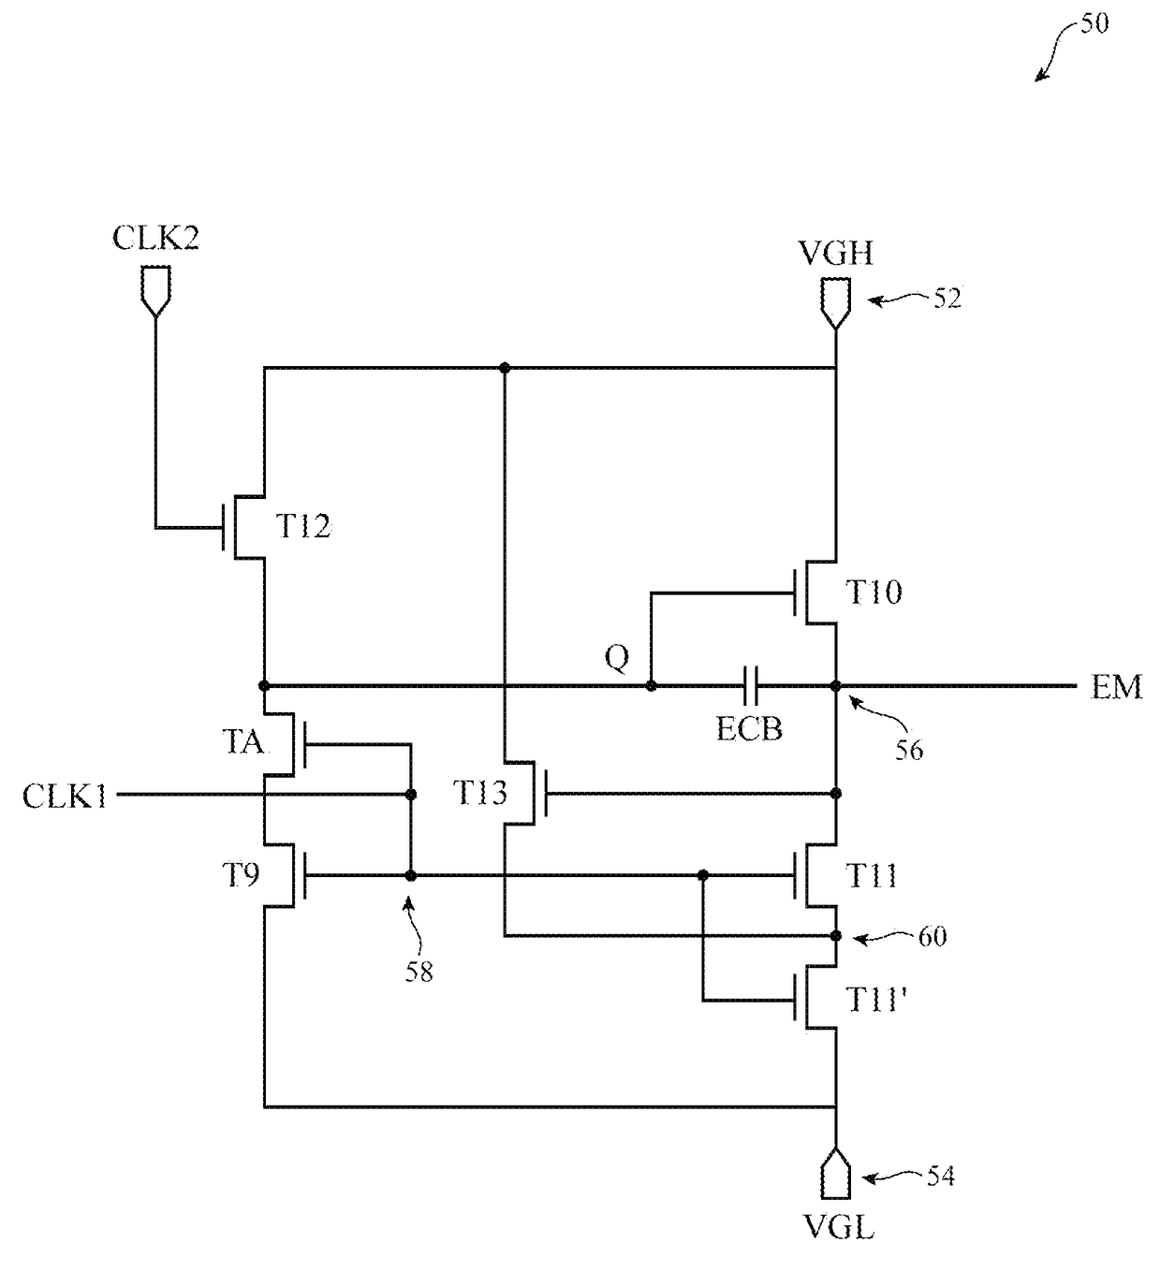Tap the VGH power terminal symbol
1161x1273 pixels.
pos(835,304)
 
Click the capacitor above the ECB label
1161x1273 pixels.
pos(750,686)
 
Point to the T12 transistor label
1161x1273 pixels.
pos(302,526)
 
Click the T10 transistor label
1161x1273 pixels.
pos(874,593)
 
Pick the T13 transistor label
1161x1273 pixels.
pos(480,793)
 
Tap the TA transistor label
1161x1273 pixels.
pos(243,741)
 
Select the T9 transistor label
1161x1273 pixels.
pos(241,875)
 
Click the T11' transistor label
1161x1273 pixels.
pos(876,1000)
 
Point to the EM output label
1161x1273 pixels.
pos(1116,687)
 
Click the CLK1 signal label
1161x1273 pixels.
pos(65,796)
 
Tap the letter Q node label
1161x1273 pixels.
pos(617,657)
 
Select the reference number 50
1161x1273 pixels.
pos(1095,23)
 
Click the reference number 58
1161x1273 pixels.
pos(419,973)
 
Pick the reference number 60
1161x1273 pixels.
pos(933,937)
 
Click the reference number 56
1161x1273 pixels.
pos(909,750)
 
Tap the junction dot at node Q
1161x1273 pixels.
pos(651,686)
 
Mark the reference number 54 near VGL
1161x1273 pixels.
pos(941,1176)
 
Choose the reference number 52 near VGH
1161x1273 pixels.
pos(948,299)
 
